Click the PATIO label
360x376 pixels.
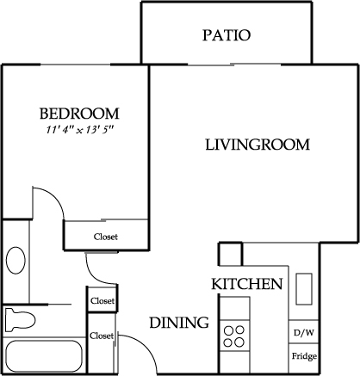(227, 35)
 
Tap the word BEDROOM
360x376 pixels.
(79, 114)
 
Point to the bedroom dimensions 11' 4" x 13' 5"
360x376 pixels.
(80, 130)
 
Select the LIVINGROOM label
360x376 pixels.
(258, 145)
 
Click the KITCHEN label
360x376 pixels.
(247, 284)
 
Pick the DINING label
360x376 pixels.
(179, 323)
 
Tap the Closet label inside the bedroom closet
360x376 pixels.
(106, 237)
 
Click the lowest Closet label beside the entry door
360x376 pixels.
(102, 336)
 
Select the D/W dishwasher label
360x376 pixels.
(304, 333)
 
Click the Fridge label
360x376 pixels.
(304, 356)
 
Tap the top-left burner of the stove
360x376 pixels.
(228, 330)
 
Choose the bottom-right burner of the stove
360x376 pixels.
(239, 342)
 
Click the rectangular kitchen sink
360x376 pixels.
(304, 289)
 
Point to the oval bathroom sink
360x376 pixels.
(16, 260)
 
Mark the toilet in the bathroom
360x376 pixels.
(20, 319)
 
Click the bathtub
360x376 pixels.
(44, 356)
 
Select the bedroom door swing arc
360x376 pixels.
(54, 196)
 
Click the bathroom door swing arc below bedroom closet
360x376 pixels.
(95, 274)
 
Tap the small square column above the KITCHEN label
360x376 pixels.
(231, 254)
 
